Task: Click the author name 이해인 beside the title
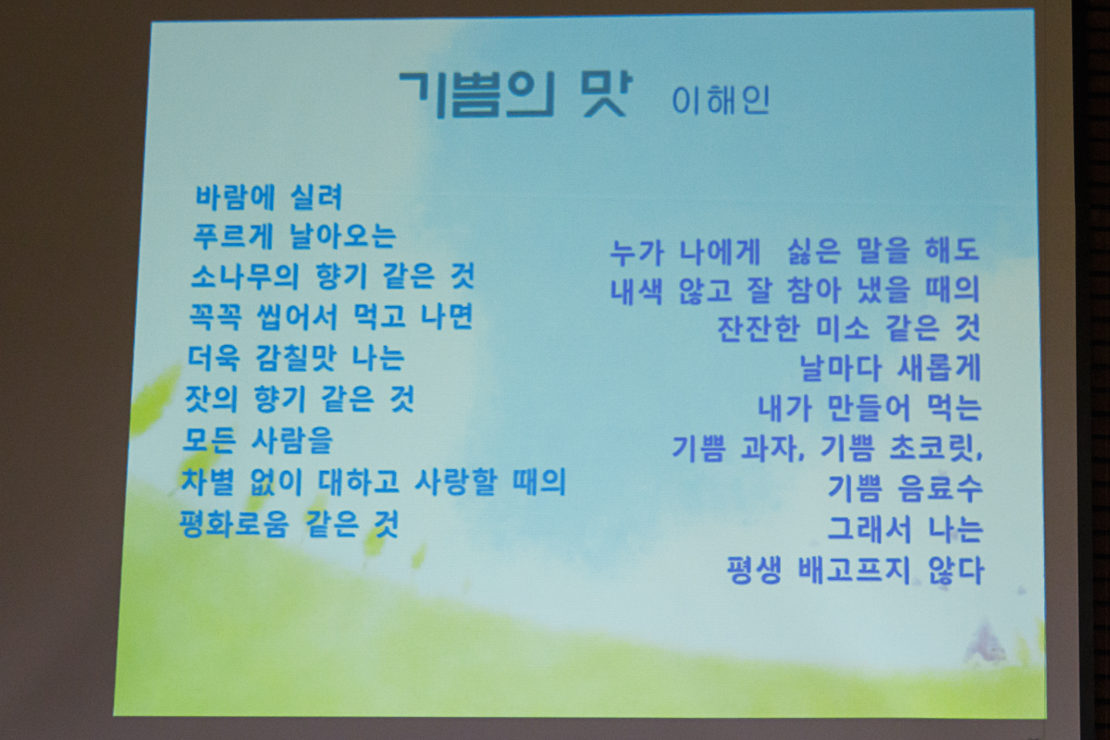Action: click(x=721, y=101)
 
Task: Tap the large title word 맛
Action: click(x=605, y=93)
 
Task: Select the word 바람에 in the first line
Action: click(x=235, y=197)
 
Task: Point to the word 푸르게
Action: click(x=232, y=237)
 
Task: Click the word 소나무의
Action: click(x=245, y=277)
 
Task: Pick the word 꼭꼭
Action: click(x=216, y=316)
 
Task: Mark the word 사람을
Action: click(x=292, y=440)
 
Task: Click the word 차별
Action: click(x=207, y=481)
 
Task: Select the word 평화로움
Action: click(x=233, y=524)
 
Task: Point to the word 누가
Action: click(x=636, y=252)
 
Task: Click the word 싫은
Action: click(x=814, y=251)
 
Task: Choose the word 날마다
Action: click(x=841, y=369)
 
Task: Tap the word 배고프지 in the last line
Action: click(x=855, y=571)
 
